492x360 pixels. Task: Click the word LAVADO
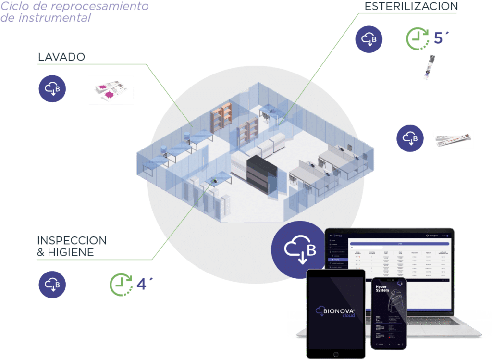click(x=61, y=57)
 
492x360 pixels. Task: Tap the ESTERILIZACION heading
click(x=411, y=6)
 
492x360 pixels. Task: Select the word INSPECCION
click(x=72, y=240)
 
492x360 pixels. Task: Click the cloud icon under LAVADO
click(x=52, y=89)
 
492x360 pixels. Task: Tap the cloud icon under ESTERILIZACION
click(x=369, y=38)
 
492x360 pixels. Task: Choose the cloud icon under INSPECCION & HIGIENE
click(x=52, y=284)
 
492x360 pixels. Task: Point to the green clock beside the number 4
click(x=121, y=284)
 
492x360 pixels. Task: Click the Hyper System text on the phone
click(x=384, y=290)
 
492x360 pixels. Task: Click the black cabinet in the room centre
click(x=262, y=174)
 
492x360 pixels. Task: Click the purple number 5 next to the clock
click(x=439, y=38)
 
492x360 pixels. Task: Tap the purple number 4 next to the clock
click(x=142, y=284)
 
